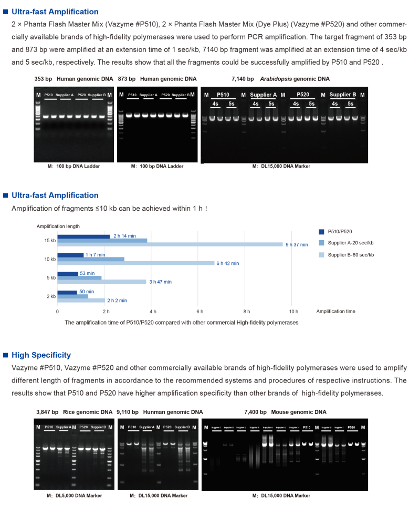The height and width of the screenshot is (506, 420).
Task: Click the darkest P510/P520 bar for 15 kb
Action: pos(83,236)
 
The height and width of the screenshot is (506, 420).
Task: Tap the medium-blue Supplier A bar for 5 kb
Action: pos(79,277)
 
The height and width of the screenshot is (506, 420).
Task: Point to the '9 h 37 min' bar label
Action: pos(297,245)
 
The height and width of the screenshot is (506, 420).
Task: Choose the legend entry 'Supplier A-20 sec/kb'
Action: pos(351,243)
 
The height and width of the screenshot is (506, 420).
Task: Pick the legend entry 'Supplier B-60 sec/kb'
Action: pos(351,254)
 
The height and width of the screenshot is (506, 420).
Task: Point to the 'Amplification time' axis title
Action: pos(335,312)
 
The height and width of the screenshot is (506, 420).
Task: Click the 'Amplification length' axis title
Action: pos(58,226)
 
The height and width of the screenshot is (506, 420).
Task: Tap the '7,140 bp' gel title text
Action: pos(243,79)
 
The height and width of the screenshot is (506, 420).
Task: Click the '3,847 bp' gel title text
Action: pos(47,412)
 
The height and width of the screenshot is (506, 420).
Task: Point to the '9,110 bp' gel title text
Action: pos(128,412)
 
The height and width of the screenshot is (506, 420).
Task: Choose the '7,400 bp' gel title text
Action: pos(255,412)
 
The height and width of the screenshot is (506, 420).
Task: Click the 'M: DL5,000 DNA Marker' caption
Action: pos(74,495)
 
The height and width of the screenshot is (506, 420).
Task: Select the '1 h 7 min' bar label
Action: pos(95,255)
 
